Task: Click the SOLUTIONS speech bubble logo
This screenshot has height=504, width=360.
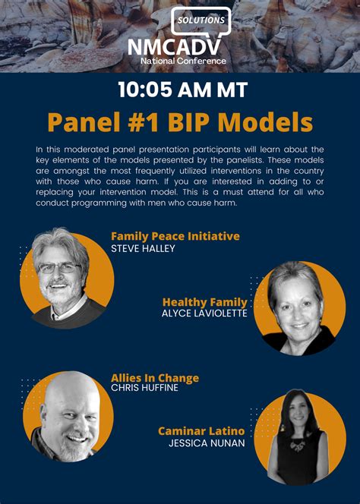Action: click(201, 20)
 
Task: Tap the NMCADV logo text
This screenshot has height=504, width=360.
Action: click(175, 47)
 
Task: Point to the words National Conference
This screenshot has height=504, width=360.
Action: click(183, 61)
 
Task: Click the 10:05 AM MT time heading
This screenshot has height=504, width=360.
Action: click(183, 90)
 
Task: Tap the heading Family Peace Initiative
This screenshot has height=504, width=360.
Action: click(175, 236)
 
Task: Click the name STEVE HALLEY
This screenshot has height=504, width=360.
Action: click(143, 248)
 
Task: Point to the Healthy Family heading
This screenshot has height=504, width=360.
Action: click(205, 302)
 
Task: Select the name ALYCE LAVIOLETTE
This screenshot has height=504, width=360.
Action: click(204, 313)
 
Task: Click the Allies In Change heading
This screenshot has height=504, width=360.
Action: click(155, 378)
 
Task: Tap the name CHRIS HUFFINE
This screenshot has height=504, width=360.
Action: click(144, 388)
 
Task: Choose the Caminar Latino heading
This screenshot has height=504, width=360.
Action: click(201, 431)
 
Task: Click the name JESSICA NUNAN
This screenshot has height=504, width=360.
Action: click(207, 443)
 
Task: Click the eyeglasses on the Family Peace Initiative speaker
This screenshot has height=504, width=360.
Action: click(59, 268)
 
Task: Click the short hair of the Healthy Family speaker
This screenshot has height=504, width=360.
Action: click(295, 278)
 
